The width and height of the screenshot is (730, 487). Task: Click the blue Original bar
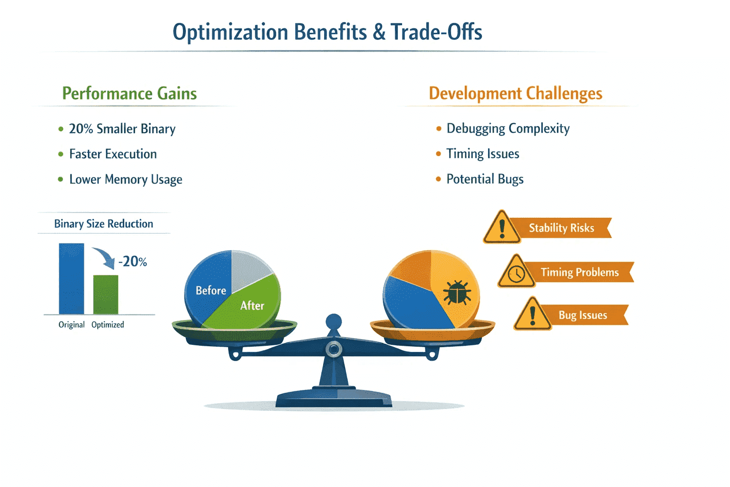coord(71,279)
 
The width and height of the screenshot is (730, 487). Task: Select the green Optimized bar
coord(106,294)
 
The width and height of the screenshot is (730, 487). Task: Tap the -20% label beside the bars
coord(133,262)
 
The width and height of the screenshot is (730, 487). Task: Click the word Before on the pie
coord(211,290)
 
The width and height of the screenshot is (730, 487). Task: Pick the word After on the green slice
coord(252,306)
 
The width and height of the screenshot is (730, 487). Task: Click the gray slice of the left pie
coord(250,269)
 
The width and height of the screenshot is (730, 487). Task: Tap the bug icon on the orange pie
coord(457,292)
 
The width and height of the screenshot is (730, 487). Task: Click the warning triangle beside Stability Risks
coord(502,228)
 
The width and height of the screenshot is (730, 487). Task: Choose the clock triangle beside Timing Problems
coord(517,272)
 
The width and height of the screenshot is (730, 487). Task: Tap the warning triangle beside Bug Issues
coord(532,314)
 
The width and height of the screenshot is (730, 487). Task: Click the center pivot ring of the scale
coord(334,350)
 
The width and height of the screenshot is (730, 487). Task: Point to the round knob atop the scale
coord(334,322)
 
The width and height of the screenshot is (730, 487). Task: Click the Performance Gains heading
coord(129,94)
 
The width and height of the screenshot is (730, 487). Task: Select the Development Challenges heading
coord(515,94)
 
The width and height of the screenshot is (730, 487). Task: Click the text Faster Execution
coord(113,154)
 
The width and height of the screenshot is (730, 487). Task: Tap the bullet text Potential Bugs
coord(485,179)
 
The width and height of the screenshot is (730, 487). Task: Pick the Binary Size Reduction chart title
coord(104,224)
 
